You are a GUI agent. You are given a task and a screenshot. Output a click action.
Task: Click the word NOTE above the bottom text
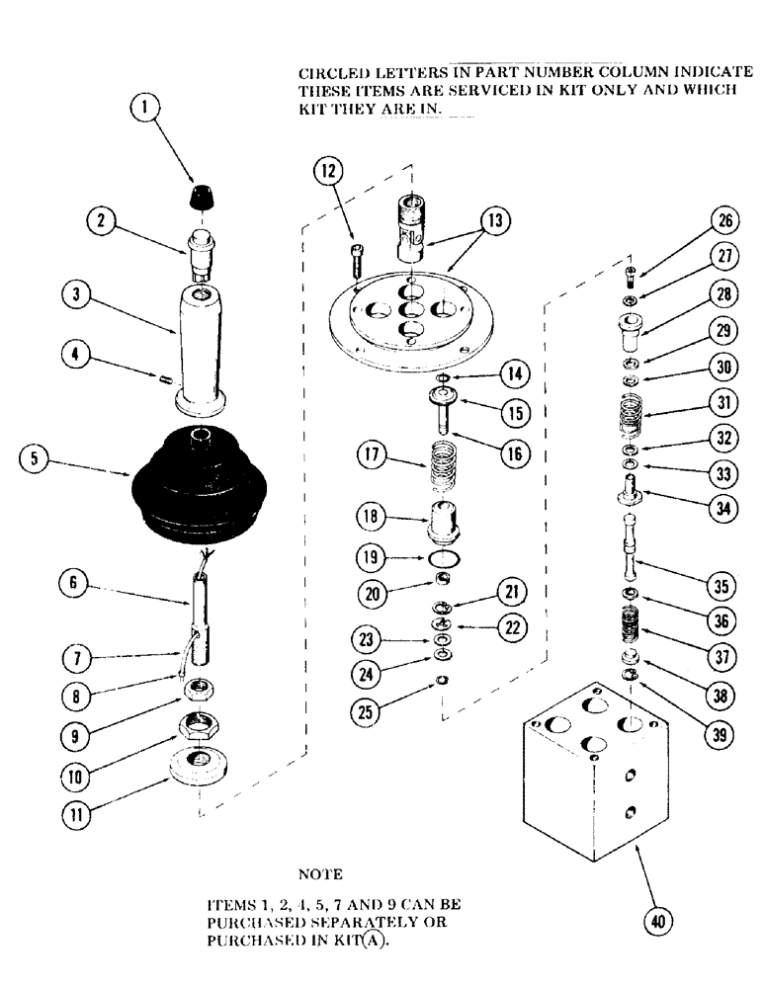click(319, 874)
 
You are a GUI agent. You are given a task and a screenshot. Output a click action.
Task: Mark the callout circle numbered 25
click(372, 680)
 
